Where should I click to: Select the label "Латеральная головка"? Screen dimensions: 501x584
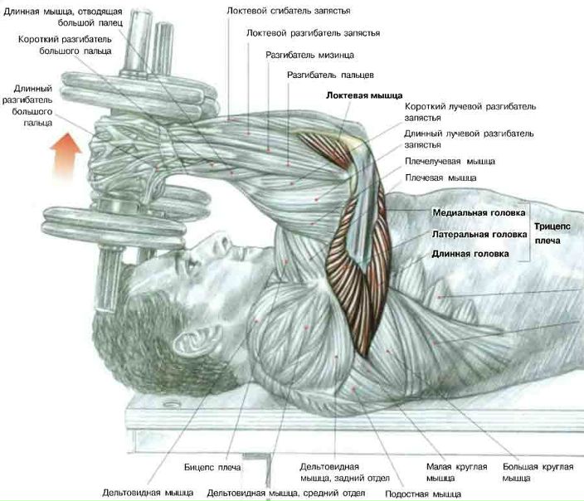(x=479, y=235)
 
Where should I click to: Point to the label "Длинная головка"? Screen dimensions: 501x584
(x=470, y=255)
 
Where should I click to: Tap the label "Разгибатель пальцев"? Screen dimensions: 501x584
(x=330, y=75)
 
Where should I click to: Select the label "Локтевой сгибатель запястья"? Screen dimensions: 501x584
(x=288, y=11)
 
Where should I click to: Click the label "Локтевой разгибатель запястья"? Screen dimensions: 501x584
(x=313, y=33)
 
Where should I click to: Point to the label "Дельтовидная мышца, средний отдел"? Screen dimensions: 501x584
(x=286, y=492)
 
